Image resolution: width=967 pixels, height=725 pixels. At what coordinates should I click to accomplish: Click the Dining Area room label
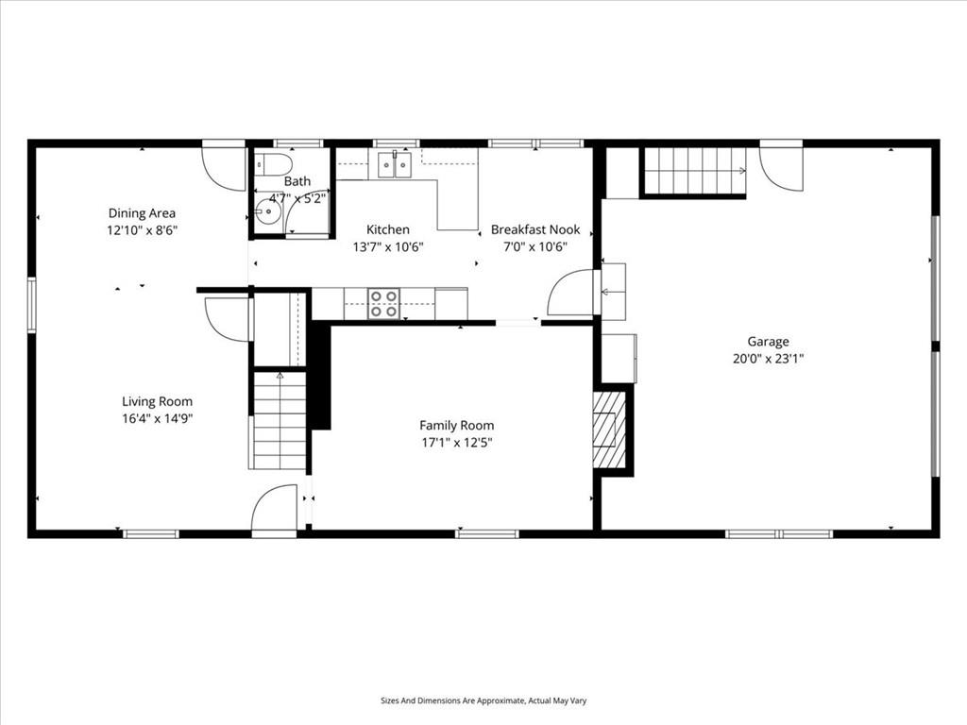coord(142,213)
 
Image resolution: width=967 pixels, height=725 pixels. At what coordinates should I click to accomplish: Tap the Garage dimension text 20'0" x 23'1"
coord(768,358)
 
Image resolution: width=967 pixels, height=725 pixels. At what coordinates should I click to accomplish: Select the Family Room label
coord(456,426)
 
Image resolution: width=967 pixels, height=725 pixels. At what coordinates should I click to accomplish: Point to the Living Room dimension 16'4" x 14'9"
coord(158,418)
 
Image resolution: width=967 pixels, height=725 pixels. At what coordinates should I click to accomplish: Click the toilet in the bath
coord(274,164)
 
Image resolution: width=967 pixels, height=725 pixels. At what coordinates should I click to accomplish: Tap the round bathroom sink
coord(267,211)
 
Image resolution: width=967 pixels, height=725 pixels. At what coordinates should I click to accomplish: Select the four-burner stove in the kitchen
coord(383,304)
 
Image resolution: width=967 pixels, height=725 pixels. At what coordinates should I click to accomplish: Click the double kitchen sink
coord(395,164)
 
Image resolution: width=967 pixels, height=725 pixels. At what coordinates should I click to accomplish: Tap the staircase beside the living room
coord(280,421)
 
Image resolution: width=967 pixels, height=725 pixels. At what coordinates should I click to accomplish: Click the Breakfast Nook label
coord(535,230)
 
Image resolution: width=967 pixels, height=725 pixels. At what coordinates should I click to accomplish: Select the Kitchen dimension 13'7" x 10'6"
coord(388,247)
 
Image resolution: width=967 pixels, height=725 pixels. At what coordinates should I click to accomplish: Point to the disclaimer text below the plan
coord(483,700)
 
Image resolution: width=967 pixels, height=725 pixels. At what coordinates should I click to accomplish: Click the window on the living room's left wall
coord(31,305)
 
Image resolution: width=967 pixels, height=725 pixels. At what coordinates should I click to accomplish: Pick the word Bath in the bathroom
coord(297,181)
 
